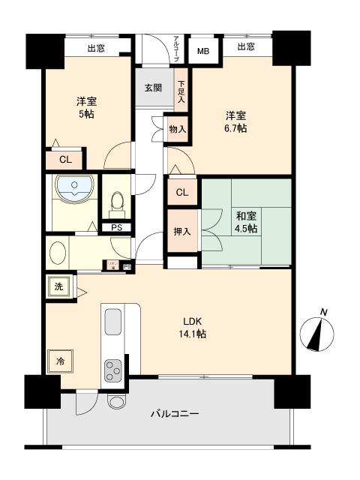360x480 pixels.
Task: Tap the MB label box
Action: (202, 52)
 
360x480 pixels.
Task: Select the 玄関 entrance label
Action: (153, 88)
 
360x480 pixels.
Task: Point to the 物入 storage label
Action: (178, 129)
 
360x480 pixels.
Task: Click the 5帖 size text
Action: (85, 113)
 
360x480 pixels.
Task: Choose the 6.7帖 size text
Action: (237, 128)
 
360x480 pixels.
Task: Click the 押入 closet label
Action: (182, 231)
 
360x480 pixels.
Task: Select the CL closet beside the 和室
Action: (181, 193)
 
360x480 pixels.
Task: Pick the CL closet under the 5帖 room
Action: (65, 159)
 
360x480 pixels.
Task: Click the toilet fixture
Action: (116, 202)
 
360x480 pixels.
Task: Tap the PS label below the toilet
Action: (116, 228)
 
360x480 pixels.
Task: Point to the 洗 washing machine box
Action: (58, 286)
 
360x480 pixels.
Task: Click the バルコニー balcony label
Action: (175, 413)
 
